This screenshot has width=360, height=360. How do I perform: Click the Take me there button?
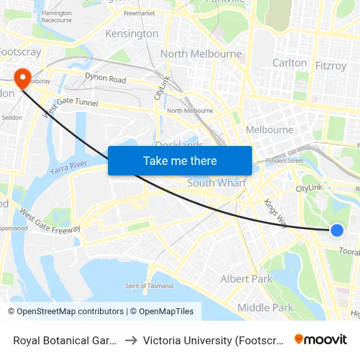(x=180, y=161)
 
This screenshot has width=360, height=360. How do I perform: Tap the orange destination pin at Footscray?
(x=23, y=79)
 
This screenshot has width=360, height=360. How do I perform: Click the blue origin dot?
(x=337, y=230)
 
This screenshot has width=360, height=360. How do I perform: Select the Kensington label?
(x=133, y=33)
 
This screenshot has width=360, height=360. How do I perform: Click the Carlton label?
(x=289, y=63)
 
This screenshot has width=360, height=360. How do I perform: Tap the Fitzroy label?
(x=331, y=65)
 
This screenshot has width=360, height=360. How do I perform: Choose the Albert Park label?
(x=247, y=279)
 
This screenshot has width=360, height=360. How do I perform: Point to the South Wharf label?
(x=217, y=183)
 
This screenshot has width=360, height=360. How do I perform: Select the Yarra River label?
(x=68, y=168)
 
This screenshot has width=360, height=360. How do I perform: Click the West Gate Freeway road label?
(x=50, y=221)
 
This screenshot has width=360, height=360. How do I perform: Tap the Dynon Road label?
(x=105, y=79)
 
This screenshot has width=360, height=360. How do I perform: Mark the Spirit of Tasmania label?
(x=149, y=285)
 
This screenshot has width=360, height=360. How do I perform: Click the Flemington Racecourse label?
(x=56, y=16)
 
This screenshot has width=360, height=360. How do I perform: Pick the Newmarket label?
(x=139, y=13)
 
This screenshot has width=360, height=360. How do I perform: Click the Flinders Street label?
(x=287, y=160)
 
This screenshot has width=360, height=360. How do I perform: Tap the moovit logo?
(x=321, y=340)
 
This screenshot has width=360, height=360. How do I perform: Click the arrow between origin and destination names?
(x=131, y=340)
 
